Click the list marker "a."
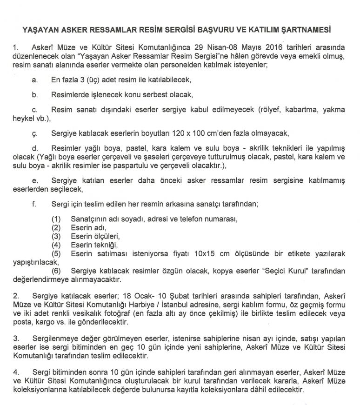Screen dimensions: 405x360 coord(35,80)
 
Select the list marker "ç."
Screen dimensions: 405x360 coord(35,133)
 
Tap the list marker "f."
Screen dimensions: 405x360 coord(34,204)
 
